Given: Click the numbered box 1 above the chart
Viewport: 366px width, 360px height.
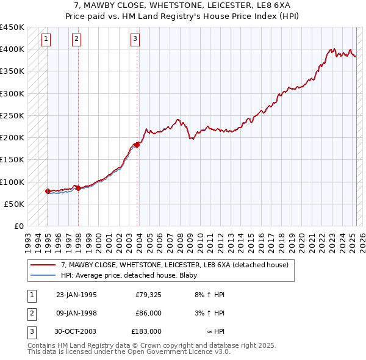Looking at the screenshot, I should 47,40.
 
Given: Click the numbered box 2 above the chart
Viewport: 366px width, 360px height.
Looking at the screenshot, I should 76,40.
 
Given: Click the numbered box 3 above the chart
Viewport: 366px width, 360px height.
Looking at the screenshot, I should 135,40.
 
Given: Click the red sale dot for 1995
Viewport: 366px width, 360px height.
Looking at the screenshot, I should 48,191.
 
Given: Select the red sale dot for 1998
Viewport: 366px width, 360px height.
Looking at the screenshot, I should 78,188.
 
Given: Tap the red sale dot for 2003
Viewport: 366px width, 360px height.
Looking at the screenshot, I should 137,145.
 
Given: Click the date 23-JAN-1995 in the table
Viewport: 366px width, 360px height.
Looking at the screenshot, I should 76,295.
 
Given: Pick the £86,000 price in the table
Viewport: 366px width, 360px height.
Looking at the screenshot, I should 148,313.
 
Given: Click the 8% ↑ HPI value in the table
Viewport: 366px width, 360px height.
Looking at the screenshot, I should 209,295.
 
